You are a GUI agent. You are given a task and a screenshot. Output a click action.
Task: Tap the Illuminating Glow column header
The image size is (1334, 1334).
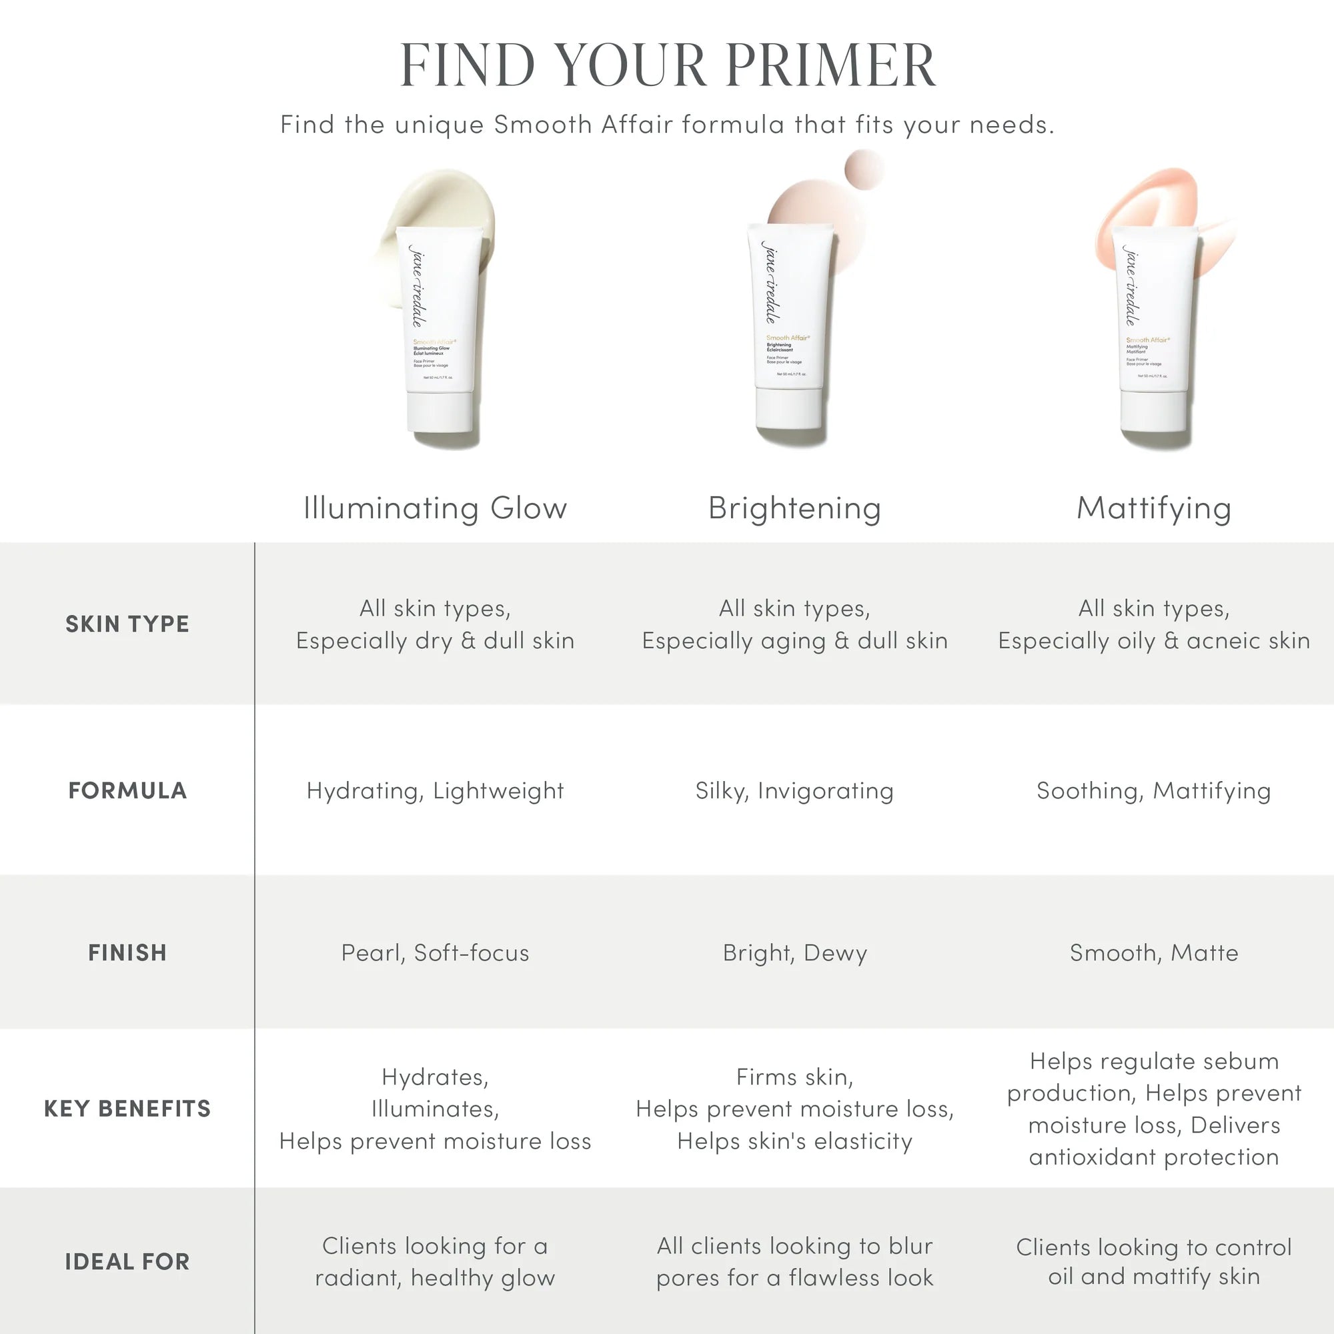pos(435,508)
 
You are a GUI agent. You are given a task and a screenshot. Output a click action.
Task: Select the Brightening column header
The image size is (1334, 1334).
pos(795,508)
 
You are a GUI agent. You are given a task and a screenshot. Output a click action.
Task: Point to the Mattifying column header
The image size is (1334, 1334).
pos(1154,508)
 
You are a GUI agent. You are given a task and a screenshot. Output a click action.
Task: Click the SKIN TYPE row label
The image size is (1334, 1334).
pos(127,624)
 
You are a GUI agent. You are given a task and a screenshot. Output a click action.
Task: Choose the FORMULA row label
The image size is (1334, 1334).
pos(127,790)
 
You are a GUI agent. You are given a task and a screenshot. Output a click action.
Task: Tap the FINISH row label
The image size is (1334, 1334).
pos(127,953)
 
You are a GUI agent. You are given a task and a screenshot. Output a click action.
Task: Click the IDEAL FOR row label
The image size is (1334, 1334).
pos(127,1262)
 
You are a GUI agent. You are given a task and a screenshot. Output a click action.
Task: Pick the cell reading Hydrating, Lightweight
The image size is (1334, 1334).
pos(435,790)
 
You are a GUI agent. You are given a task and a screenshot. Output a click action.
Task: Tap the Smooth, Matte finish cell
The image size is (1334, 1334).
pos(1154,953)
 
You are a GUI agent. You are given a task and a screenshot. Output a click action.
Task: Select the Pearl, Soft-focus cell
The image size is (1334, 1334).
pos(435,953)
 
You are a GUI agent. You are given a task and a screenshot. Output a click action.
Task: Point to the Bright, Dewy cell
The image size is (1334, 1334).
pos(795,953)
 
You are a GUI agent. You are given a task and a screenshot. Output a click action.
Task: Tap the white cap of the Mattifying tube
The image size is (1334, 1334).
pos(1155,411)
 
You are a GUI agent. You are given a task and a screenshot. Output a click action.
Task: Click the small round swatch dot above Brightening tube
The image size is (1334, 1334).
pos(864,168)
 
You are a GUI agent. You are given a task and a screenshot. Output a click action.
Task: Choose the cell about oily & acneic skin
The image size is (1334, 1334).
pos(1154,625)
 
